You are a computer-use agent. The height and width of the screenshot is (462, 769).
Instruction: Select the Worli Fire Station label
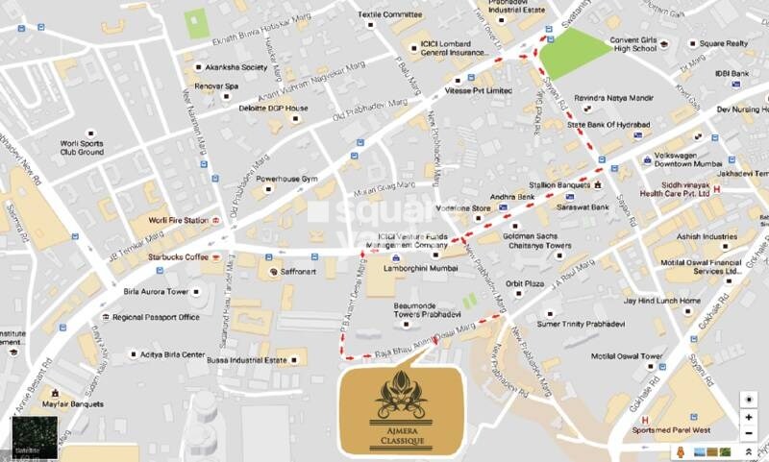pyautogui.click(x=178, y=220)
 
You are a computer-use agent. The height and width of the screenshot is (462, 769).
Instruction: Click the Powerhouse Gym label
pyautogui.click(x=285, y=179)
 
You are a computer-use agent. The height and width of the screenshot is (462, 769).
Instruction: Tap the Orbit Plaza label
pyautogui.click(x=527, y=283)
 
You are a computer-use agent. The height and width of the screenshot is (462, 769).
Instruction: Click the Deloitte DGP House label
pyautogui.click(x=274, y=108)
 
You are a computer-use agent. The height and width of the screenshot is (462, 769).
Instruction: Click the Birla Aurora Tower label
pyautogui.click(x=157, y=291)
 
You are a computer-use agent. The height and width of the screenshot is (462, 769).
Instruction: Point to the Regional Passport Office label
pyautogui.click(x=156, y=317)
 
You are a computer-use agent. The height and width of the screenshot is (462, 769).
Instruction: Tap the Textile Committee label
pyautogui.click(x=389, y=14)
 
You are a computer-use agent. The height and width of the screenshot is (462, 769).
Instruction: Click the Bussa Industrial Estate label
pyautogui.click(x=246, y=361)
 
